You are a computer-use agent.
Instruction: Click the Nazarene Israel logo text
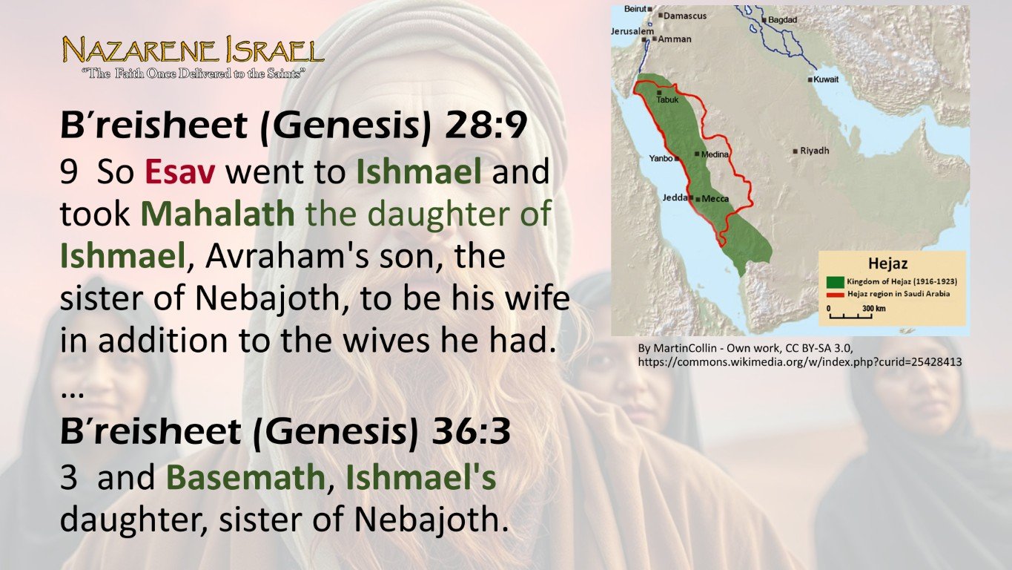pos(193,50)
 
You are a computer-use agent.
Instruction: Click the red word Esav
pos(180,172)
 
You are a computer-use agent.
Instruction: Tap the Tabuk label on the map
pos(667,99)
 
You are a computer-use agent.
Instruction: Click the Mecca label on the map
pos(715,199)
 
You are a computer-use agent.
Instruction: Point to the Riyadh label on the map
pos(814,151)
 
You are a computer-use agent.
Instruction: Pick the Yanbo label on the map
pos(660,158)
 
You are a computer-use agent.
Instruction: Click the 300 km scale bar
pos(850,313)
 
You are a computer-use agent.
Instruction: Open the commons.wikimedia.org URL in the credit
pos(800,362)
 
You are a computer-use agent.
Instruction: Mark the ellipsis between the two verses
pos(71,394)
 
